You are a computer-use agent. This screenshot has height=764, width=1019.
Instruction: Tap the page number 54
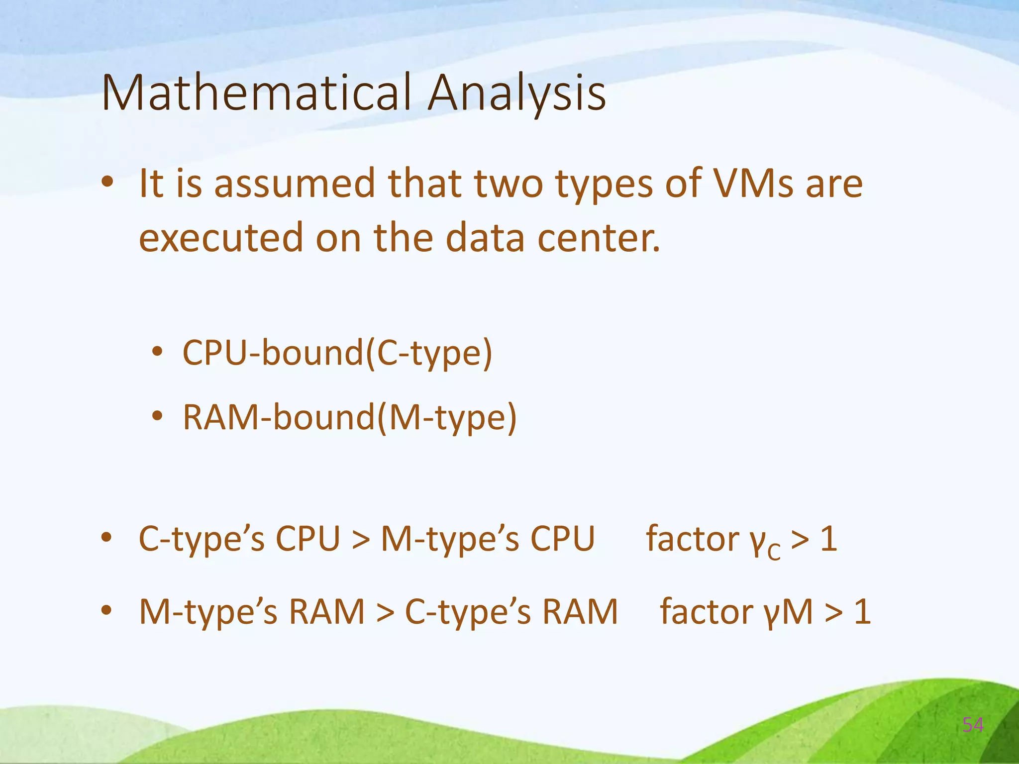[973, 725]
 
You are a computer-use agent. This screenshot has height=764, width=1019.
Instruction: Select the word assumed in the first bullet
[295, 184]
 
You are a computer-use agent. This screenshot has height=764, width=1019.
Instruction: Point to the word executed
[220, 238]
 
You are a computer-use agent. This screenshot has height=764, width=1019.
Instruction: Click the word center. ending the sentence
[599, 238]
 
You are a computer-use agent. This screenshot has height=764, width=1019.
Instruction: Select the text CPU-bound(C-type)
[337, 354]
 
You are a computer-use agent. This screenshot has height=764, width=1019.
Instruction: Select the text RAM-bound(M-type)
[350, 417]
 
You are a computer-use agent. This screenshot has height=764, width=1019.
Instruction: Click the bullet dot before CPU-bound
[158, 352]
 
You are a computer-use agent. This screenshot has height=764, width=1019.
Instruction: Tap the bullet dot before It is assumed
[106, 183]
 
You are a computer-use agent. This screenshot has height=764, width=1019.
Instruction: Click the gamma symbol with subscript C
[764, 542]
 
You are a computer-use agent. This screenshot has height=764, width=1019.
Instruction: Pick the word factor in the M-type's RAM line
[706, 611]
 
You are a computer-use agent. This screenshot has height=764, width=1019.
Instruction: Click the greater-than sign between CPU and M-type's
[361, 540]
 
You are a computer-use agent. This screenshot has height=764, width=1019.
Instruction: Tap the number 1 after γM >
[862, 612]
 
